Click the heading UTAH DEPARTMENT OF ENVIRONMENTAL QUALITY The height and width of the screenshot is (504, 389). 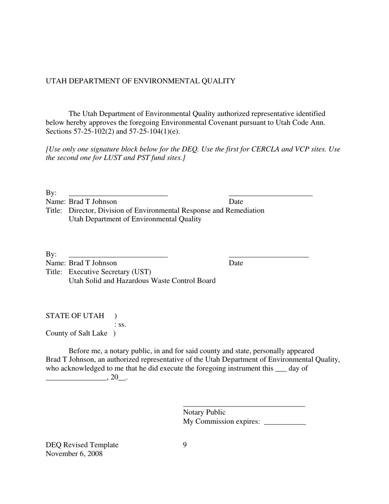pyautogui.click(x=140, y=81)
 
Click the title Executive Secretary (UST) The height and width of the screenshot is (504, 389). pyautogui.click(x=110, y=272)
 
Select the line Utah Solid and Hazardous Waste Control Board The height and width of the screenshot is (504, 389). pyautogui.click(x=142, y=281)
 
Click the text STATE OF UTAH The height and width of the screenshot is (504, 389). pyautogui.click(x=75, y=316)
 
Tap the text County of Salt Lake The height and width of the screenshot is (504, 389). pyautogui.click(x=76, y=334)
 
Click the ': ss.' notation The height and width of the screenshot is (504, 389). pyautogui.click(x=120, y=325)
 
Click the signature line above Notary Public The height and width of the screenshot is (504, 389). pyautogui.click(x=244, y=406)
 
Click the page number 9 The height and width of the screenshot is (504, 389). pyautogui.click(x=185, y=445)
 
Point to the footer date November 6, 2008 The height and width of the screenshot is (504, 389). pyautogui.click(x=74, y=454)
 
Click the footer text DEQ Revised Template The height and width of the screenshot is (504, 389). pyautogui.click(x=82, y=445)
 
